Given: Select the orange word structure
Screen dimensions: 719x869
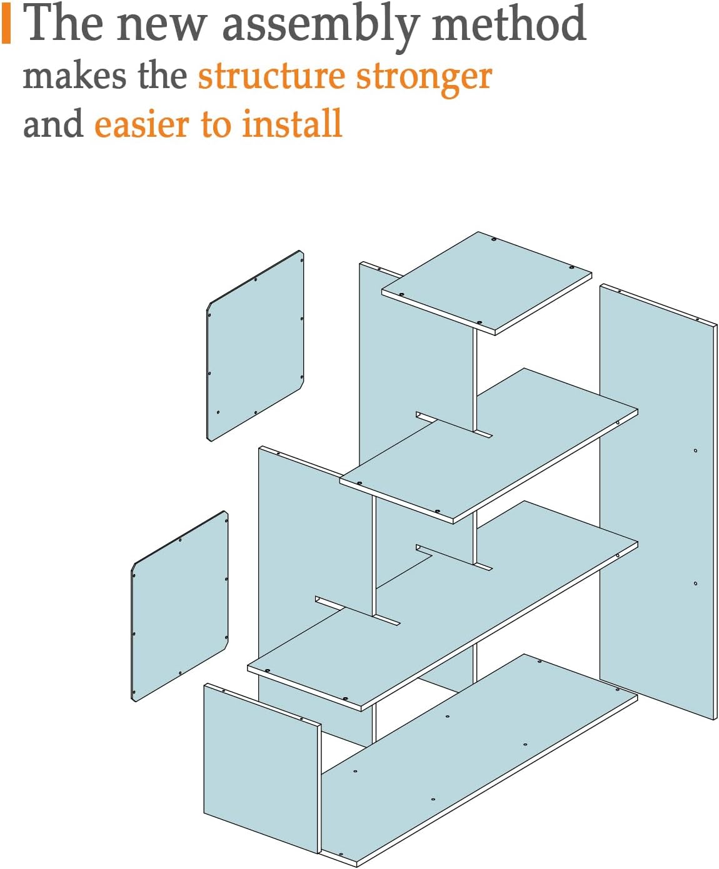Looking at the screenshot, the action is pos(271,77).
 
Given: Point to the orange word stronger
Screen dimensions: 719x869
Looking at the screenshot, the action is pos(424,79).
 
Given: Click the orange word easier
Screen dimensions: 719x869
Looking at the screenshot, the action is pos(142,124).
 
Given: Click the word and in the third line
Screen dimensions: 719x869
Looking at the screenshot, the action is pos(53,124).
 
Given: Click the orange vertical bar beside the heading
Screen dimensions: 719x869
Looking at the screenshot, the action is pos(6,26).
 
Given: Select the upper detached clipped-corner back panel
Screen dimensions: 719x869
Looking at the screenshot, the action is pos(255,346).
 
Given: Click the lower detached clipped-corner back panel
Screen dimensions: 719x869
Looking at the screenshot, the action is pos(179,606).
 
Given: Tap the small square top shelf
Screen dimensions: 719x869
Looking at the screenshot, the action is pos(486,283).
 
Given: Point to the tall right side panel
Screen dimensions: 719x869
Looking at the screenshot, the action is pos(658,502).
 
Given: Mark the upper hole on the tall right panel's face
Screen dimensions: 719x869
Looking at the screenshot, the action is pos(696,450).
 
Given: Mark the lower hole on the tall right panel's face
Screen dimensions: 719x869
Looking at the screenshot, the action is pos(696,583).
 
